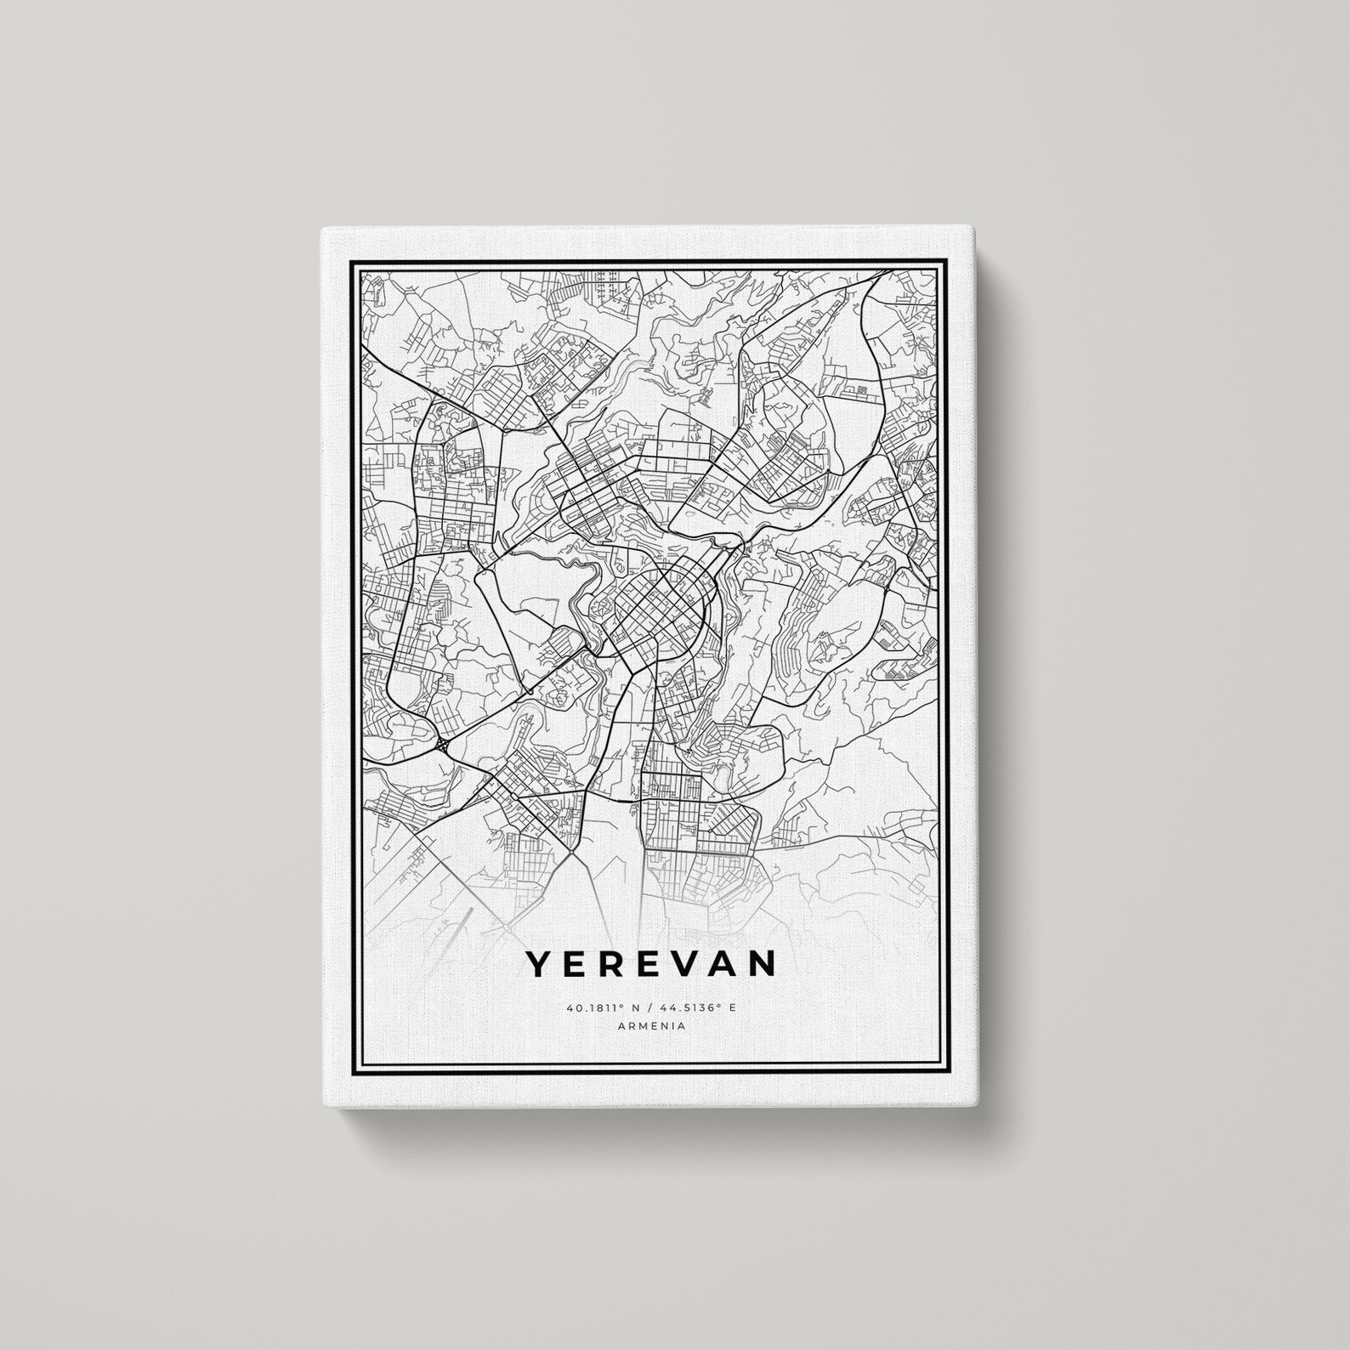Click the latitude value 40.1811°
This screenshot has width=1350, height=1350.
pyautogui.click(x=592, y=1007)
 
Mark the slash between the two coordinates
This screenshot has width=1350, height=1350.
pyautogui.click(x=646, y=1007)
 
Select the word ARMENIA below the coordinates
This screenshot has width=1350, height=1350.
pyautogui.click(x=652, y=1026)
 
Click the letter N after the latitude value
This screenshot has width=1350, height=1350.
pyautogui.click(x=633, y=1007)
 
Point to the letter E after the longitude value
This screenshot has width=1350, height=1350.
pyautogui.click(x=731, y=1007)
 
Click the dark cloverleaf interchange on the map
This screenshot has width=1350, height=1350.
pyautogui.click(x=444, y=745)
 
